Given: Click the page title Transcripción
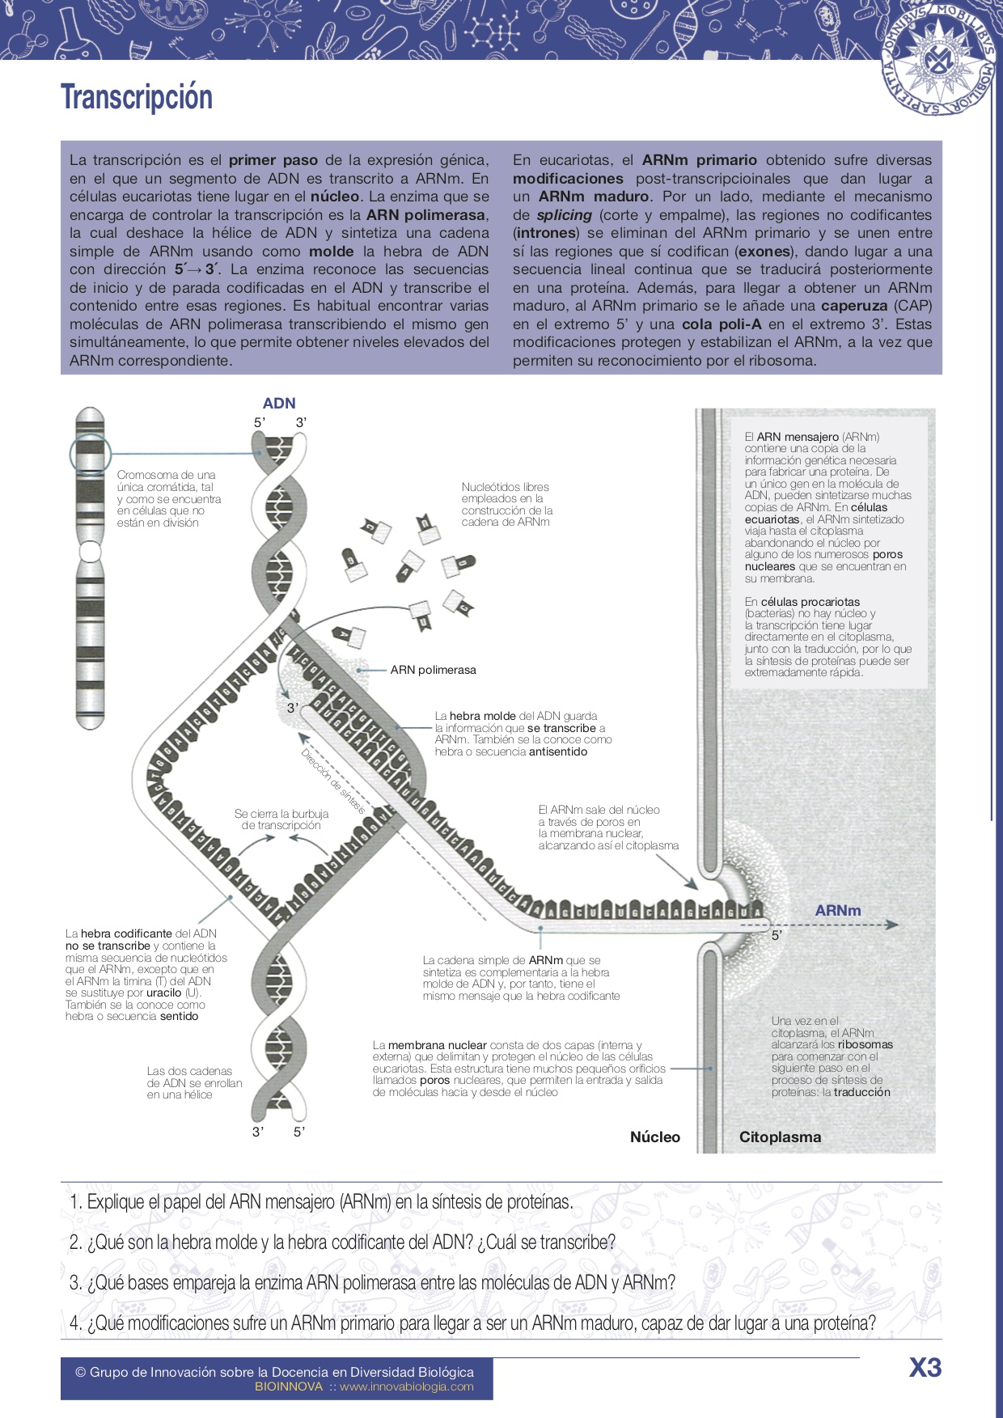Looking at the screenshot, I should (137, 97).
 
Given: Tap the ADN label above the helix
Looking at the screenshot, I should (279, 403).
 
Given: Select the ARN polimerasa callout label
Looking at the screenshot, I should (433, 670).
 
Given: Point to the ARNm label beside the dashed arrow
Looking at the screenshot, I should (837, 910).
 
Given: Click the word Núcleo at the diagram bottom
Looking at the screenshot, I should (654, 1137).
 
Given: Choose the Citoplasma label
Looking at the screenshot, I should (780, 1137).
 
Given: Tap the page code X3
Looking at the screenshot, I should (925, 1367).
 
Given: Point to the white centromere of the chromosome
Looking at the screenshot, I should (90, 551).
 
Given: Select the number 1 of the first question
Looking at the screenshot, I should (75, 1202).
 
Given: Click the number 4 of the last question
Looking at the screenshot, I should (75, 1323).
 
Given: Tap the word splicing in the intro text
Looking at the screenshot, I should (564, 215).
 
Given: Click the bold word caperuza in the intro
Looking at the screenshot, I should (853, 306).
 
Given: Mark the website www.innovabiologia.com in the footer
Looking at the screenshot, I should (406, 1386).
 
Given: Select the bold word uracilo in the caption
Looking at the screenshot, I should (163, 993).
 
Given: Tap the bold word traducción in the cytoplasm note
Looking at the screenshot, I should (861, 1092).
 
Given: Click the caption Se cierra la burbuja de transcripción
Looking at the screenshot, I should (281, 819).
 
